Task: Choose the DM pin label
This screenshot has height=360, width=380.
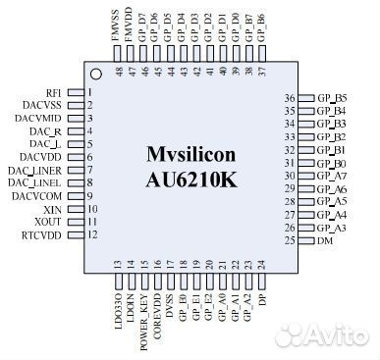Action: click(x=323, y=240)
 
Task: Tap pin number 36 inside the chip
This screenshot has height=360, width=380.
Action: click(x=290, y=98)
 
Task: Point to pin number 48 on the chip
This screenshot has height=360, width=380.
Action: click(x=118, y=72)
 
